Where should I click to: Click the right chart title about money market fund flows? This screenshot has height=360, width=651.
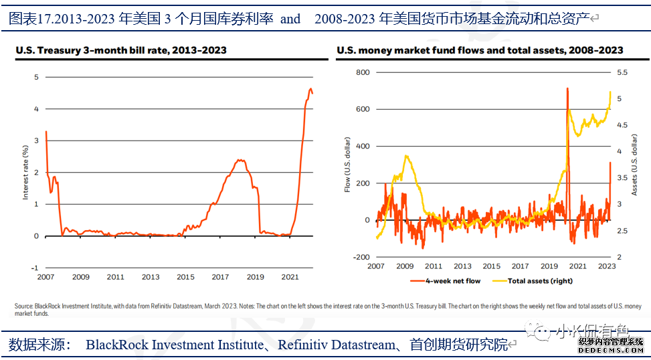tap(480, 50)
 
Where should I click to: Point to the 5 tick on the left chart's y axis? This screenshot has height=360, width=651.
tap(36, 77)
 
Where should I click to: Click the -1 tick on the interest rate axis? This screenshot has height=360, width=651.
tap(35, 268)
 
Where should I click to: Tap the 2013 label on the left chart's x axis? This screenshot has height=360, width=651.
tap(151, 276)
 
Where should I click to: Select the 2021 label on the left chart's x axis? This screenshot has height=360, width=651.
tap(290, 276)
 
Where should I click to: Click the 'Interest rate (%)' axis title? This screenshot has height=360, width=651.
tap(26, 172)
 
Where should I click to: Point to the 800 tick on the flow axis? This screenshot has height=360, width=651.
tap(361, 72)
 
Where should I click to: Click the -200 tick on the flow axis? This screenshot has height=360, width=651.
tap(360, 257)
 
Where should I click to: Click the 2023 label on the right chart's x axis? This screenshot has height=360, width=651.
tap(606, 266)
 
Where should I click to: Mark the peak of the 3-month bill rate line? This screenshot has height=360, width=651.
tap(310, 88)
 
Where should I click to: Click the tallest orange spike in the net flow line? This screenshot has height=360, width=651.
tap(567, 88)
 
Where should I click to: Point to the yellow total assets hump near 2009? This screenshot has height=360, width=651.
tap(406, 157)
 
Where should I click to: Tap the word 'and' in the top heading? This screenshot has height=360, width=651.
tap(290, 19)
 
